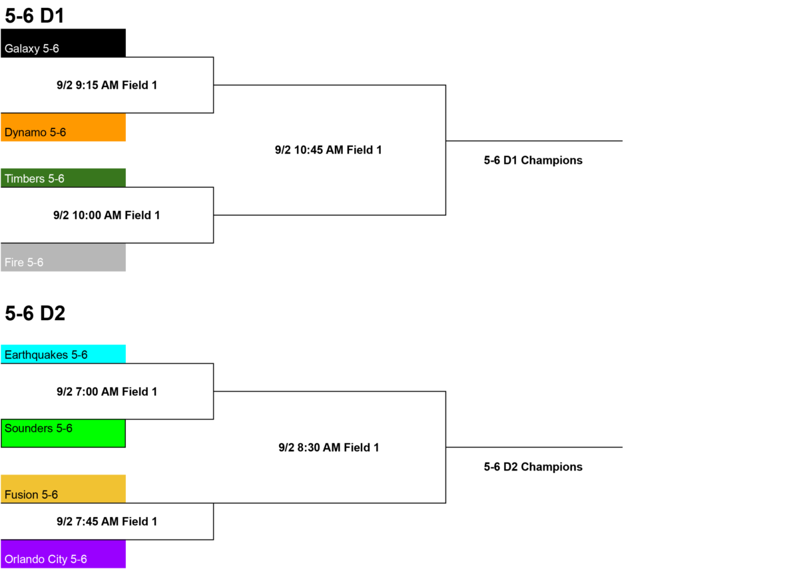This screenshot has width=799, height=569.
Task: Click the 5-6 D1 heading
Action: click(35, 16)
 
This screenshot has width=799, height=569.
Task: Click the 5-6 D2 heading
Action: click(35, 313)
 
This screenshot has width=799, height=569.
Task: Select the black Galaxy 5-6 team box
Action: click(63, 43)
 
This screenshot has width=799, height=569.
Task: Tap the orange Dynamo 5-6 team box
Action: click(63, 127)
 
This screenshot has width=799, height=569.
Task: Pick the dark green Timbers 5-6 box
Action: click(63, 178)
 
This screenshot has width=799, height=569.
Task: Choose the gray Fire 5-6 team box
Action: click(63, 258)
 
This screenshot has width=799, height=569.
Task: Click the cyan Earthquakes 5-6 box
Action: click(63, 354)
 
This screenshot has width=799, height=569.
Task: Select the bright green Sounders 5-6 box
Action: click(63, 433)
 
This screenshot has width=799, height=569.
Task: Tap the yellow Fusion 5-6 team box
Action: click(63, 488)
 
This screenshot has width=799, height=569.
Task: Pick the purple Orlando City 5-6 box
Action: click(63, 554)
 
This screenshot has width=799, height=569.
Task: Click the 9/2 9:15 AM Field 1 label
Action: click(107, 85)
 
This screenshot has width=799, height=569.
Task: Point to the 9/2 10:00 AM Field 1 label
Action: click(107, 216)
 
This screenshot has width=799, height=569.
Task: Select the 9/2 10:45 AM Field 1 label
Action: click(328, 150)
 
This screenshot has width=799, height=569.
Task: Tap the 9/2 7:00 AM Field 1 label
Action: click(107, 392)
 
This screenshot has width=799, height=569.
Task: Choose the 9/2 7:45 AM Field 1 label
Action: click(107, 522)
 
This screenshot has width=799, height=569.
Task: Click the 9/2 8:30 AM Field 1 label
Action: click(328, 448)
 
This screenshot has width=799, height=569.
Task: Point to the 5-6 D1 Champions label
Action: click(533, 160)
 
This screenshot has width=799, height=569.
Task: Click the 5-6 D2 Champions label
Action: click(533, 467)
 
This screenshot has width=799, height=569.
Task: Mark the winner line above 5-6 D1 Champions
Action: click(534, 141)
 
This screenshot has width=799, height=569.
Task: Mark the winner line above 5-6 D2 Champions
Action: click(534, 447)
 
